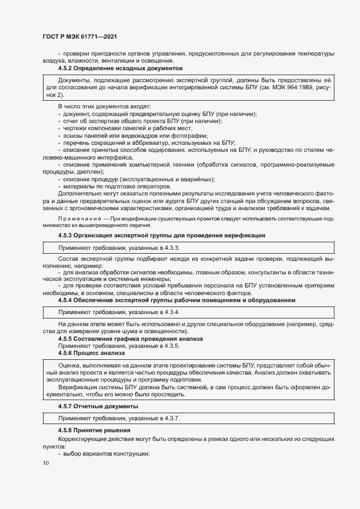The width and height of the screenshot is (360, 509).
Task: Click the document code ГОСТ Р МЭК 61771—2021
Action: (x=80, y=36)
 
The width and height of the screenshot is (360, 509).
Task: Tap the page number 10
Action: (x=45, y=463)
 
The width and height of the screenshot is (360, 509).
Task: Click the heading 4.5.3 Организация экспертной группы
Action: (x=162, y=235)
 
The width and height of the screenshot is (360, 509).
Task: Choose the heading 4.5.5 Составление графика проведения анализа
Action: (x=130, y=339)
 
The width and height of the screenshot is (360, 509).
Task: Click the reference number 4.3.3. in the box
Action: (x=170, y=248)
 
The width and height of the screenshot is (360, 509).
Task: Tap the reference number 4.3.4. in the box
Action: (x=170, y=312)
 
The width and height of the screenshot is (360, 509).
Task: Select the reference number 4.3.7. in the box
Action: (x=170, y=418)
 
